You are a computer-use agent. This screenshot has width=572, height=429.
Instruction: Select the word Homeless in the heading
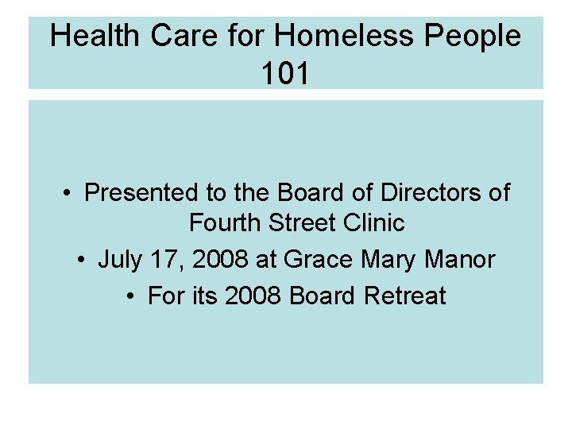point(339,36)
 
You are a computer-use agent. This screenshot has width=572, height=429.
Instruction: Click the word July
point(117,260)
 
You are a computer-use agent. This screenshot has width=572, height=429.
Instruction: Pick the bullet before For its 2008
point(132,296)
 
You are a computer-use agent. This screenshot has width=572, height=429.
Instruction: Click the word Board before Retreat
point(323,296)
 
